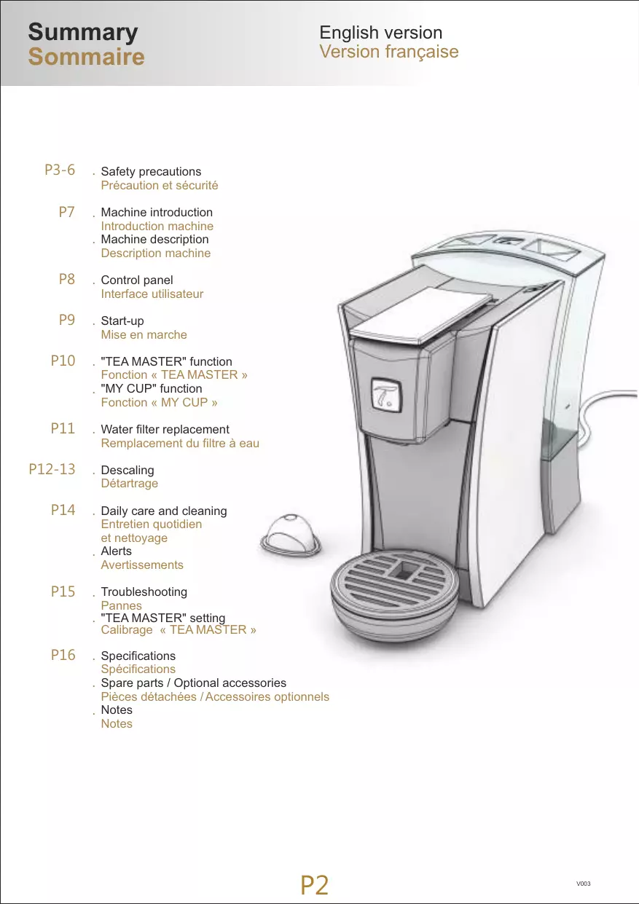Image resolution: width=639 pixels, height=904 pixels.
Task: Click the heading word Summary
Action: pyautogui.click(x=82, y=33)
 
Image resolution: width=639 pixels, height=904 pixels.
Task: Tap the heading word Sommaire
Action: pyautogui.click(x=86, y=57)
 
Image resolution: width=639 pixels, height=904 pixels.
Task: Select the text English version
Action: pyautogui.click(x=380, y=33)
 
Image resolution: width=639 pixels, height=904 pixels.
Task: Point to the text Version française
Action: pyautogui.click(x=388, y=52)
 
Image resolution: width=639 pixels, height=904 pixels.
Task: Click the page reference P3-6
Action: pyautogui.click(x=60, y=170)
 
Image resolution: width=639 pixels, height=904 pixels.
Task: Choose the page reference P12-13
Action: pyautogui.click(x=52, y=469)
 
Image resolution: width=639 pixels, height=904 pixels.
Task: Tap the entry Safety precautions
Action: pyautogui.click(x=151, y=172)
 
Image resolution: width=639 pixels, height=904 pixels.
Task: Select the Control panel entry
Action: pyautogui.click(x=137, y=280)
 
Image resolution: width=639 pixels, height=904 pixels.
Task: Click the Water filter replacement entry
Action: pyautogui.click(x=165, y=430)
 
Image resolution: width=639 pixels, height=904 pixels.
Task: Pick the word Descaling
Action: pyautogui.click(x=128, y=471)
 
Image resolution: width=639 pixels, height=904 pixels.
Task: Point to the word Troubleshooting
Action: pyautogui.click(x=144, y=592)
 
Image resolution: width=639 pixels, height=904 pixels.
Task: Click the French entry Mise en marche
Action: pyautogui.click(x=144, y=335)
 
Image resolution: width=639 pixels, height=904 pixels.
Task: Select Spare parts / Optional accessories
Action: pyautogui.click(x=193, y=683)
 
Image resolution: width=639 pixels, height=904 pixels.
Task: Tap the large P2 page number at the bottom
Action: pyautogui.click(x=314, y=885)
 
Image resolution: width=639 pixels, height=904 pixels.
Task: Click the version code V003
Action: pyautogui.click(x=583, y=884)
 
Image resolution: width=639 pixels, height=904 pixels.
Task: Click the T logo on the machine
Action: pyautogui.click(x=383, y=396)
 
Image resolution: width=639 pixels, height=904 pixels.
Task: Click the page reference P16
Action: pyautogui.click(x=63, y=656)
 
